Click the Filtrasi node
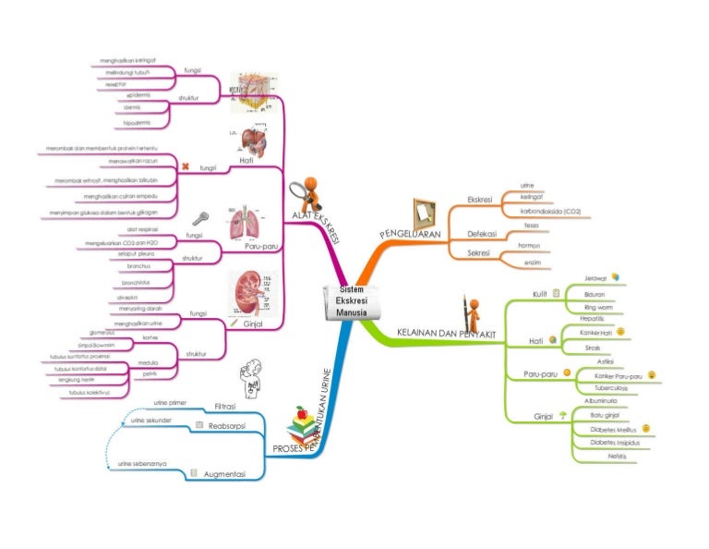(x=225, y=407)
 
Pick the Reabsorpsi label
(x=224, y=426)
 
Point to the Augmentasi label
(x=224, y=473)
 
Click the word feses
(x=531, y=225)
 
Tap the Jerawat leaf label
(x=595, y=278)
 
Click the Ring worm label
(x=598, y=307)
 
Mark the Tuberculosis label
(x=611, y=389)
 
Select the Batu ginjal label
(x=604, y=416)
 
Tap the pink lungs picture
(x=246, y=223)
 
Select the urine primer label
(x=171, y=403)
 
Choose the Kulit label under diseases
(x=540, y=294)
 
